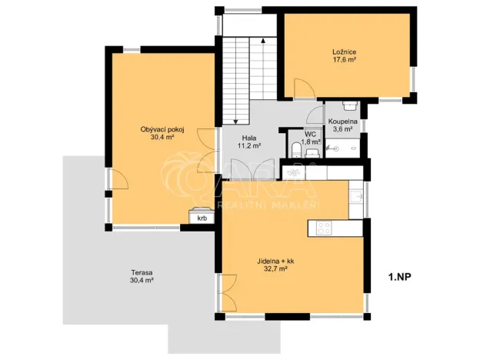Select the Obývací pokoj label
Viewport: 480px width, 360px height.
click(x=162, y=128)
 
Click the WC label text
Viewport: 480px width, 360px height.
click(x=311, y=134)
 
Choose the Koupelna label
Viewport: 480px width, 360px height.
click(x=342, y=122)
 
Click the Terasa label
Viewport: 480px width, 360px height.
click(x=142, y=273)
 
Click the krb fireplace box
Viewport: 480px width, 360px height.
click(x=202, y=218)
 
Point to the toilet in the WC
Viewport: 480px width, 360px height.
click(x=295, y=148)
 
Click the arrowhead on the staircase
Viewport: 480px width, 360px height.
click(x=263, y=38)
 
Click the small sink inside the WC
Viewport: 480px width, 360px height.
click(x=310, y=152)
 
